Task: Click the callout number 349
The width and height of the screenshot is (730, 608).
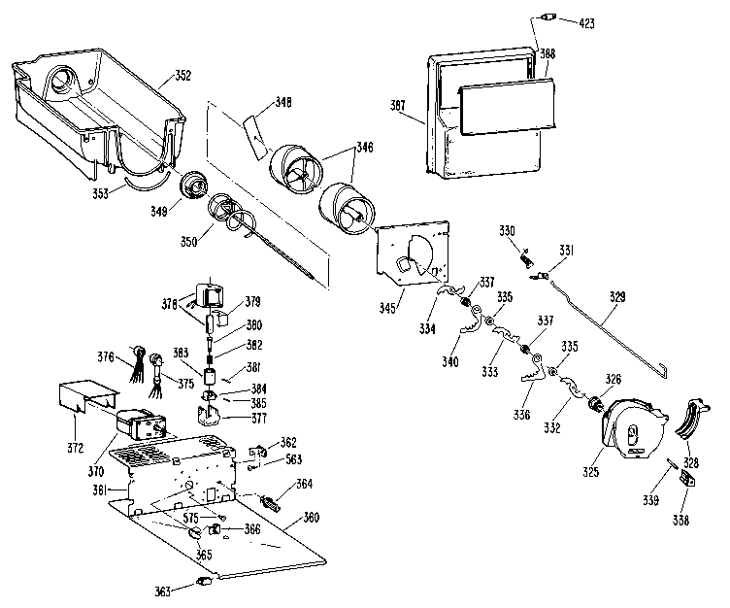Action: coord(157,210)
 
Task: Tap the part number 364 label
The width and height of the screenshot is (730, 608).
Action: coord(304,485)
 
